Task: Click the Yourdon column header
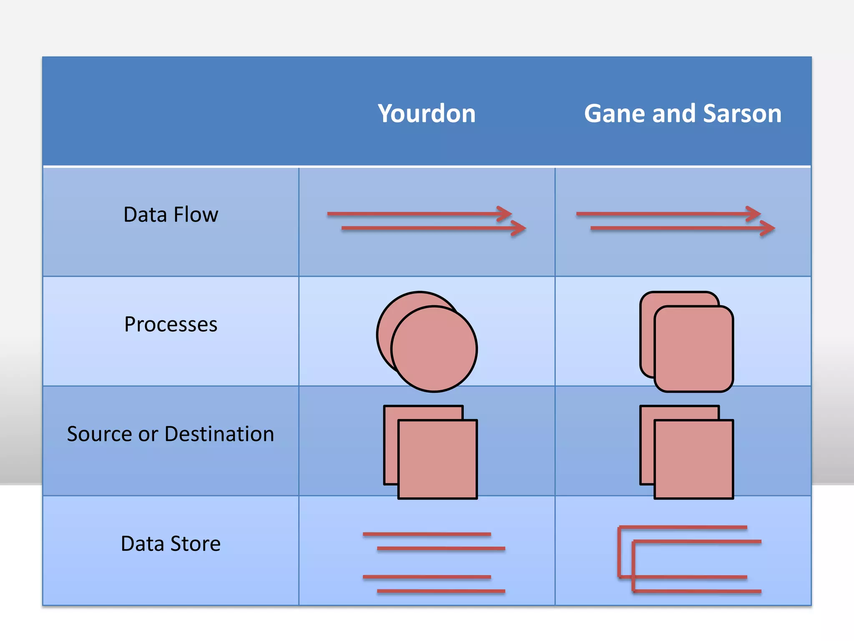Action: point(427,114)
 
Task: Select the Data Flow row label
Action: point(171,215)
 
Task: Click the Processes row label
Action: point(171,324)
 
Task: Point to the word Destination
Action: point(219,434)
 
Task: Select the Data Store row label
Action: point(171,544)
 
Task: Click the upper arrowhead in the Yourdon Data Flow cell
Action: point(506,214)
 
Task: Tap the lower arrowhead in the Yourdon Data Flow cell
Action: point(520,228)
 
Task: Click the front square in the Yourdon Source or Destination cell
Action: point(437,459)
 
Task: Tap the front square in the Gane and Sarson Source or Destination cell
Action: point(693,459)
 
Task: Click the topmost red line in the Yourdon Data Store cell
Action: point(427,534)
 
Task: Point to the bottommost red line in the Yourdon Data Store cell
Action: point(441,591)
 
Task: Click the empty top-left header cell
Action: point(171,111)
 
